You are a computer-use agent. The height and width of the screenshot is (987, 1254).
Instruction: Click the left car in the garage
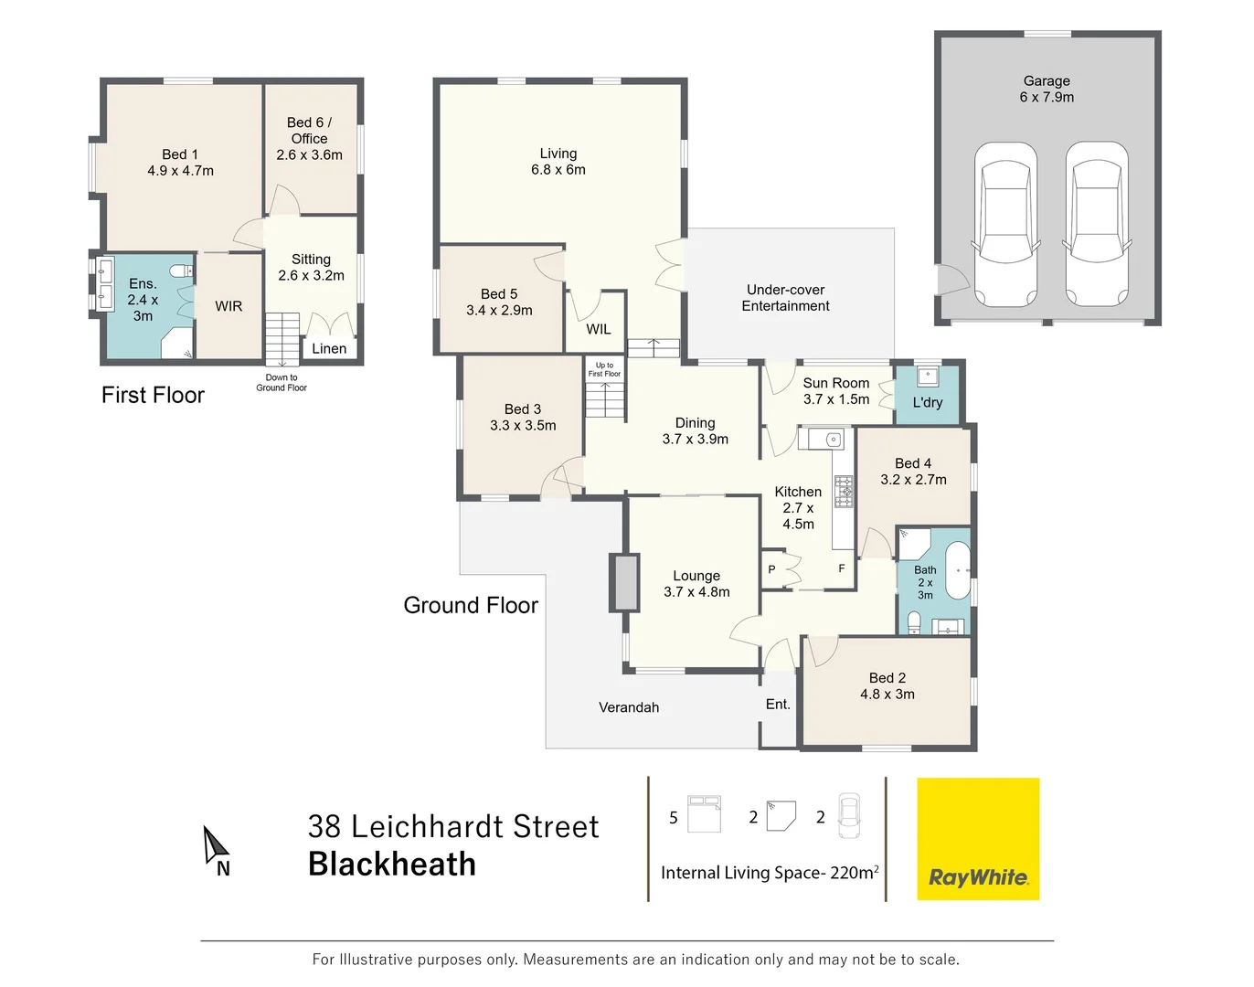pos(1005,224)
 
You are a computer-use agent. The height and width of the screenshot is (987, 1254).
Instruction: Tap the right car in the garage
pos(1097,224)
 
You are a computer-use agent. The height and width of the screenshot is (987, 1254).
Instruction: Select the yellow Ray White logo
pos(978,839)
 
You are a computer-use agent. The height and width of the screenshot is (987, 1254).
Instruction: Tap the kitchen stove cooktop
pos(844,492)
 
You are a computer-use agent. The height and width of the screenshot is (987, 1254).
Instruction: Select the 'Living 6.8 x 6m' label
pos(558,162)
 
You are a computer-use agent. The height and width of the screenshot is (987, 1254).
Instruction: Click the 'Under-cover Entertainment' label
pos(785,298)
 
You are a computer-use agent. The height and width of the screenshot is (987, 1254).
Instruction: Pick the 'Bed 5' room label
pos(499,302)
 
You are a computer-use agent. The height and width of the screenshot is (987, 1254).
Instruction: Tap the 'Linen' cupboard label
pos(329,348)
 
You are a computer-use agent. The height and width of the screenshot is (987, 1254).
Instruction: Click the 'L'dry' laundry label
pos(927,402)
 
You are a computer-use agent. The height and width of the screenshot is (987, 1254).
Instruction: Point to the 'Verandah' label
pos(629,707)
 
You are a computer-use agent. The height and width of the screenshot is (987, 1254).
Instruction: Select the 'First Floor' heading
pos(153,395)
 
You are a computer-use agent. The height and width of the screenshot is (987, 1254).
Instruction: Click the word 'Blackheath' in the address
pos(392,864)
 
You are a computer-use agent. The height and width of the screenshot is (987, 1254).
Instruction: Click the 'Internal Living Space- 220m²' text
pos(770,873)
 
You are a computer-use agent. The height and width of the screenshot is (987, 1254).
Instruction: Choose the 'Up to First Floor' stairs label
pos(604,369)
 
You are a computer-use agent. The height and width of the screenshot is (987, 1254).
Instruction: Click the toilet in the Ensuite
pos(182,271)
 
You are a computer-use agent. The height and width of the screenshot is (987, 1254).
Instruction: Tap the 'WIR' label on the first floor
pos(228,306)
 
